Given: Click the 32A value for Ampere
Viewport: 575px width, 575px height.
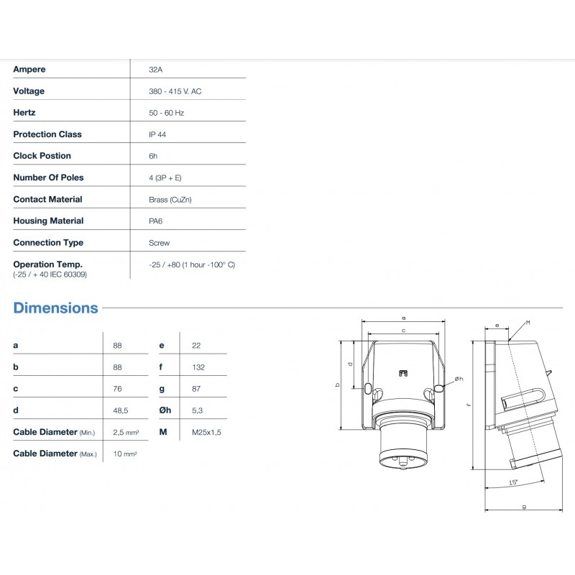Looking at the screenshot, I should pyautogui.click(x=154, y=70).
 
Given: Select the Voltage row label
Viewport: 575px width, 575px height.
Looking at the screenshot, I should pyautogui.click(x=29, y=91).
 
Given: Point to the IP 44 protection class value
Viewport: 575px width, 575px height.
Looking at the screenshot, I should pyautogui.click(x=157, y=134).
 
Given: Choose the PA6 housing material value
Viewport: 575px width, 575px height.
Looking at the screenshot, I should pyautogui.click(x=155, y=221).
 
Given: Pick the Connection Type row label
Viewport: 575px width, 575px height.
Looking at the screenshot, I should pyautogui.click(x=48, y=242).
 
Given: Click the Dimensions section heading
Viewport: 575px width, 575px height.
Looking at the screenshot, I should pyautogui.click(x=55, y=308).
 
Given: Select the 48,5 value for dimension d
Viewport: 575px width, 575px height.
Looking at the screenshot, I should pyautogui.click(x=121, y=410).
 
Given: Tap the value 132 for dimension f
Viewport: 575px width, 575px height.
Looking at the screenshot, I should pyautogui.click(x=198, y=367).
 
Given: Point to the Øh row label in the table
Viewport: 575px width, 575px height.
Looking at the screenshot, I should pyautogui.click(x=165, y=410).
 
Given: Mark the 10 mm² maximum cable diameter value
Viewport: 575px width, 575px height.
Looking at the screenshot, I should pyautogui.click(x=125, y=454).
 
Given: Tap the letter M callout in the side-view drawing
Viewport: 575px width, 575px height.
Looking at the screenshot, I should pyautogui.click(x=528, y=323).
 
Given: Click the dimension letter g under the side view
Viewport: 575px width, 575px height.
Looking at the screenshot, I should pyautogui.click(x=524, y=507).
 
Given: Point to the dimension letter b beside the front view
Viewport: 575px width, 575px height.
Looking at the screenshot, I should pyautogui.click(x=338, y=385).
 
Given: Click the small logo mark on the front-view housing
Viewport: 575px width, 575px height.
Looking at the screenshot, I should pyautogui.click(x=403, y=372).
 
